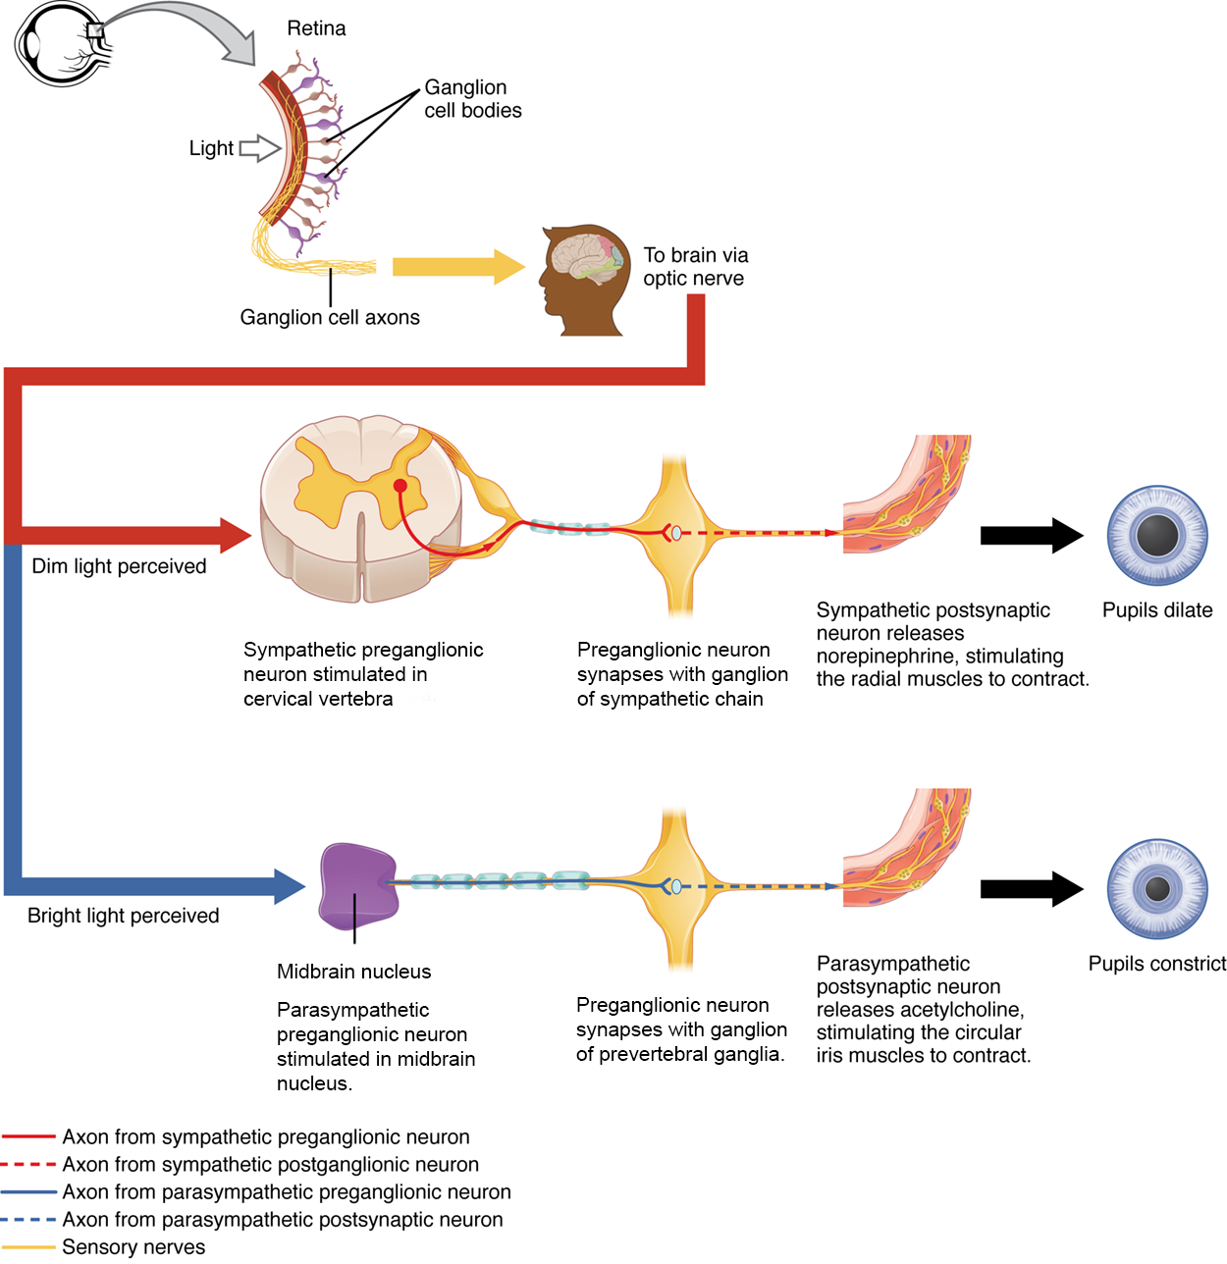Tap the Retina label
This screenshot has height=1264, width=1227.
(316, 28)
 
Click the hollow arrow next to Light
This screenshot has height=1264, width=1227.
(259, 148)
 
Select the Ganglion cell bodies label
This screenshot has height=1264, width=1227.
(472, 99)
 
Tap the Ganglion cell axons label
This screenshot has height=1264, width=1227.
(330, 317)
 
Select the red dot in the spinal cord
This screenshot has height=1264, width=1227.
(400, 485)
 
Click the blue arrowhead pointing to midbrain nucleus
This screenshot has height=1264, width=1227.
(290, 886)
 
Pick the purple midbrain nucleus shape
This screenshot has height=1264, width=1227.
(357, 886)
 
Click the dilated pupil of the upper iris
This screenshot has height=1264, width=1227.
(1157, 535)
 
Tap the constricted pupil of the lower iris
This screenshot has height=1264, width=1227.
(1157, 888)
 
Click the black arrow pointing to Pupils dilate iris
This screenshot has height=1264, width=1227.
(1031, 535)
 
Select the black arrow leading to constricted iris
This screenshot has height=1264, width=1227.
(1031, 888)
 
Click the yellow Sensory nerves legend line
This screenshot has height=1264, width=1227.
(28, 1247)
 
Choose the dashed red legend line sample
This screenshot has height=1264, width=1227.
(28, 1165)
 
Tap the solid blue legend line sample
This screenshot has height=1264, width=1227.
(28, 1192)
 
